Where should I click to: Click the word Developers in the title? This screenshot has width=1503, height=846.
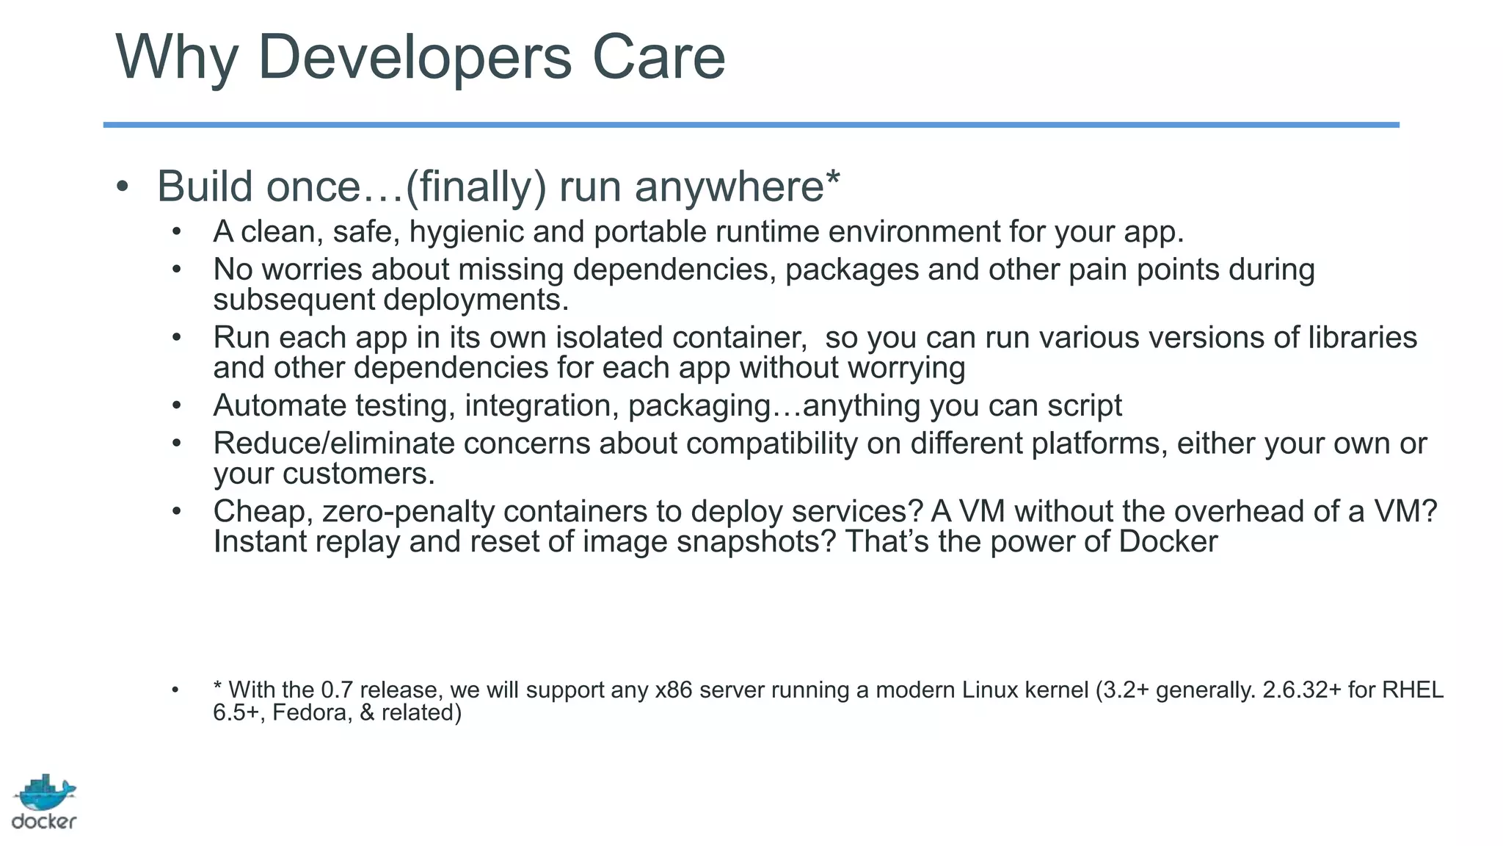click(x=415, y=57)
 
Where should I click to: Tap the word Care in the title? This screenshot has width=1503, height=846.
click(x=658, y=57)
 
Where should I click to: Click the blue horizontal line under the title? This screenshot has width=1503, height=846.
click(x=751, y=125)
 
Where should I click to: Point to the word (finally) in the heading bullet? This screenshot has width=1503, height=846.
click(x=476, y=187)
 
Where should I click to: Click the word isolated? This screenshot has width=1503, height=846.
click(x=609, y=338)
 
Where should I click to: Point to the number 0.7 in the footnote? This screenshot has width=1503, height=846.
click(x=337, y=690)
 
